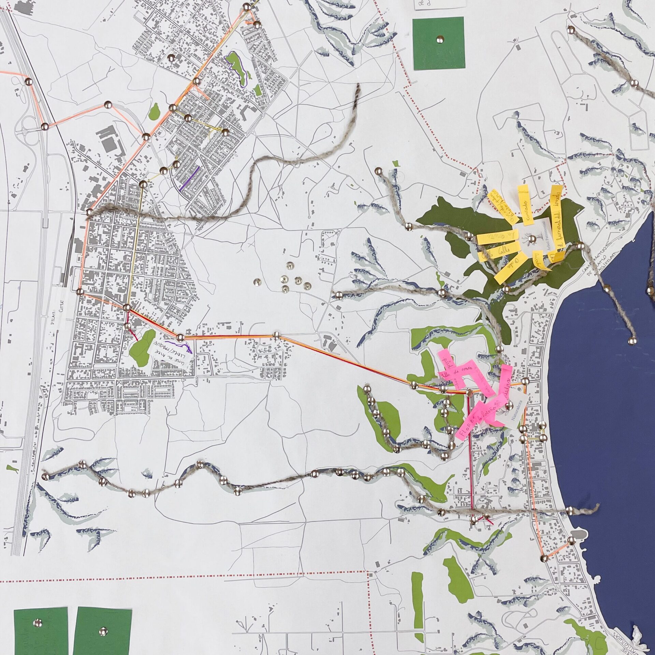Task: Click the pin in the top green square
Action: click(x=438, y=40)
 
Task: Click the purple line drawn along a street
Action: click(x=190, y=177)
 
